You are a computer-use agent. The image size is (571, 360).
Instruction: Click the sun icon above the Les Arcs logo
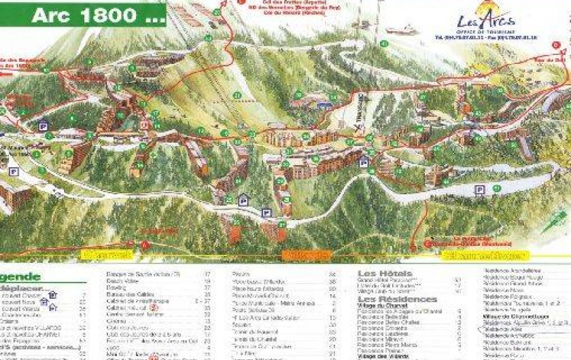coord(485,9)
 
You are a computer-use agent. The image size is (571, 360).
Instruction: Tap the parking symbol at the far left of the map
coord(43,125)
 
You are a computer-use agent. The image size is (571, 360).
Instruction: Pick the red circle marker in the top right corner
coord(555,45)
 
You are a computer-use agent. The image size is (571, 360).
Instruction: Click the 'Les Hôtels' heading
coord(384,274)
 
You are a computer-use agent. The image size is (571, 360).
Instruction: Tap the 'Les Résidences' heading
coord(398,299)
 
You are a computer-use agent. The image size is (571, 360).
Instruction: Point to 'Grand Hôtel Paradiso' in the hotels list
coord(394,280)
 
